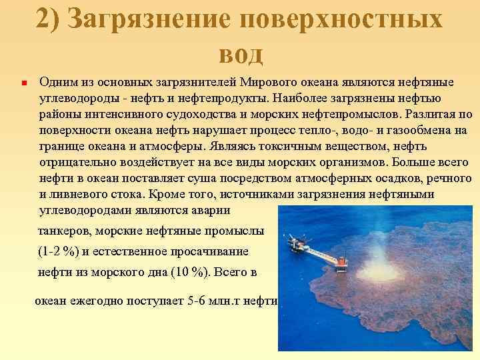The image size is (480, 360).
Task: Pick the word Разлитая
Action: click(429, 114)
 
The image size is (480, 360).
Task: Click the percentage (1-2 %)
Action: click(59, 252)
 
